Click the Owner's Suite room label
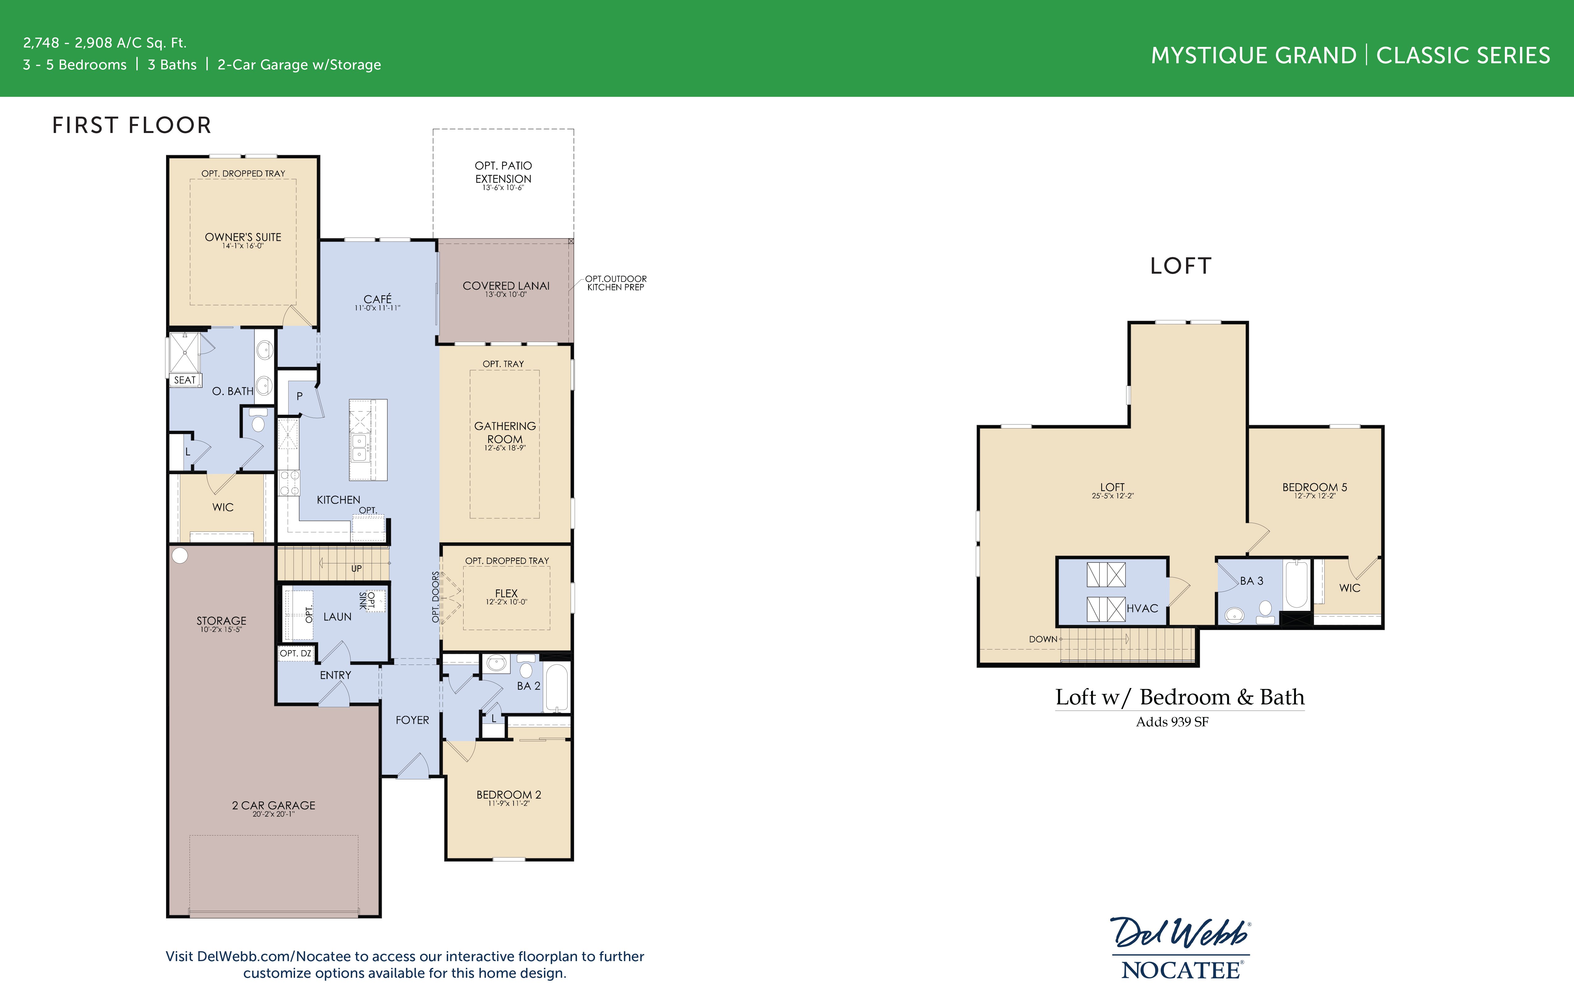click(x=243, y=237)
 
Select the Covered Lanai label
click(x=506, y=286)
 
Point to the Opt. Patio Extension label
click(x=503, y=172)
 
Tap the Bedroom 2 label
click(x=508, y=794)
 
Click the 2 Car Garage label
click(x=273, y=805)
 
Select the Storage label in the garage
click(x=221, y=621)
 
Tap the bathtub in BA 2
click(x=556, y=688)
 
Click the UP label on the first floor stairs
click(x=356, y=568)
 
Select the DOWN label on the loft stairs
click(x=1043, y=639)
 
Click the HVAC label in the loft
click(x=1142, y=608)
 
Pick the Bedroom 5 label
click(x=1314, y=487)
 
